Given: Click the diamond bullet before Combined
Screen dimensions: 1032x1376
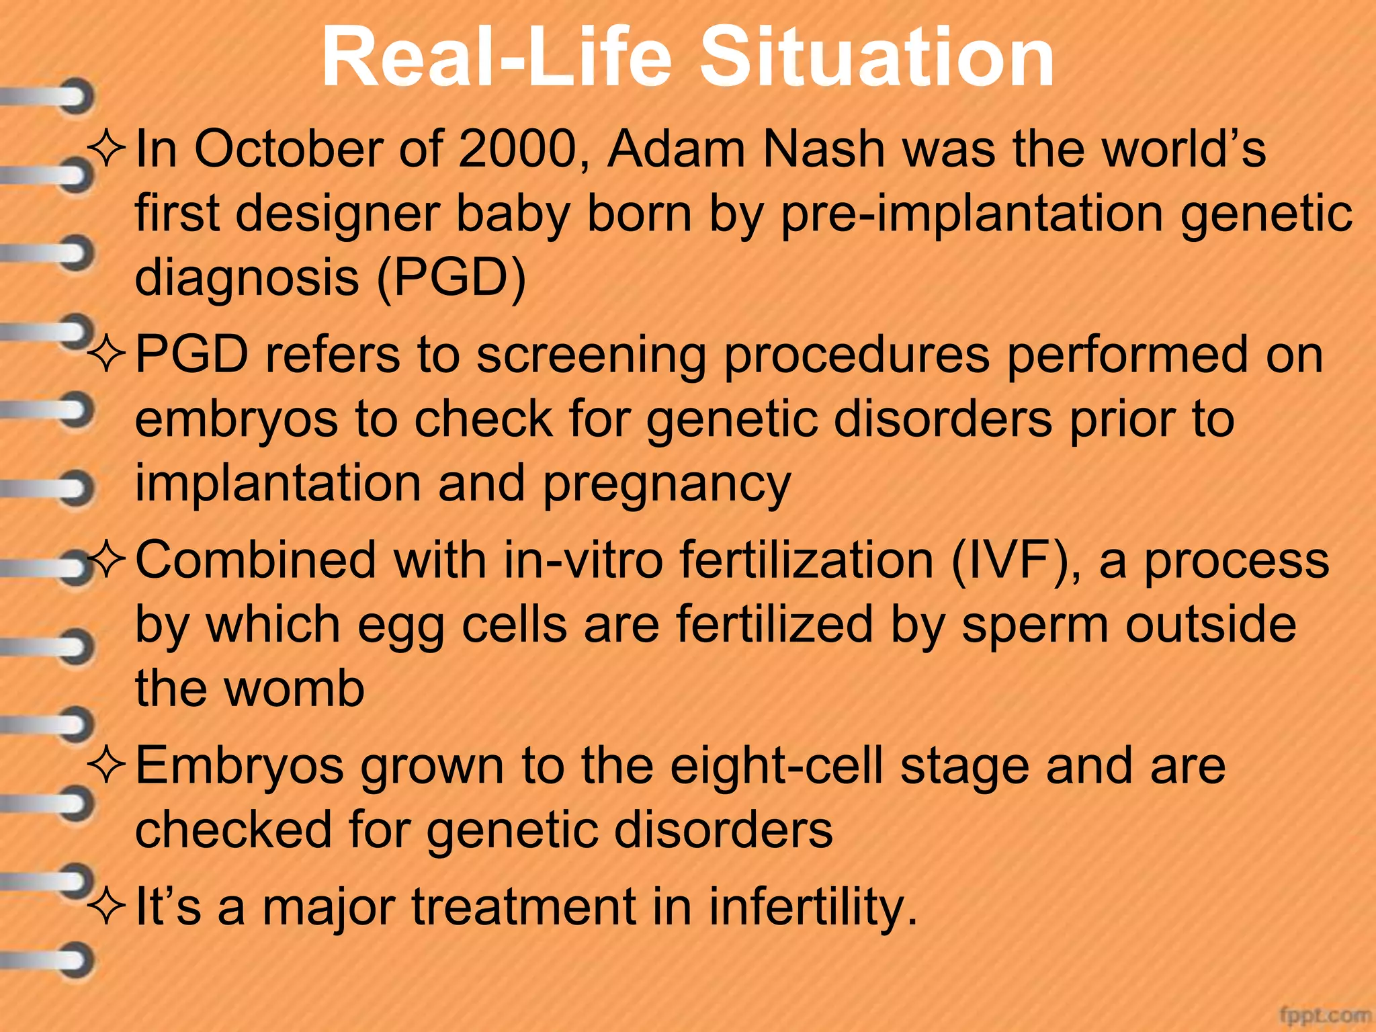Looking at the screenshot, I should pyautogui.click(x=107, y=560).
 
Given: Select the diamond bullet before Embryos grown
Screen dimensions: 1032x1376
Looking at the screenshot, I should pyautogui.click(x=107, y=766).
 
